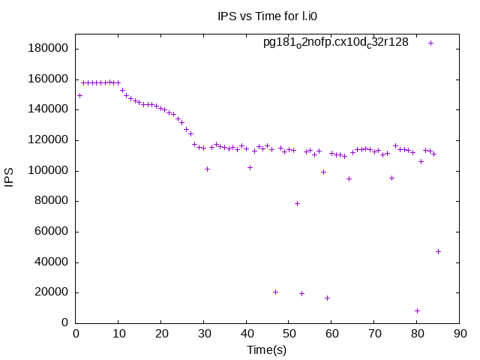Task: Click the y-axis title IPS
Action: tap(10, 178)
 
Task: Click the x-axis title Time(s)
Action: tap(268, 349)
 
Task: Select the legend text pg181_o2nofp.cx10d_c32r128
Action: tap(335, 43)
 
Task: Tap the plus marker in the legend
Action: tap(430, 43)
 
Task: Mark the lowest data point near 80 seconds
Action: tap(417, 310)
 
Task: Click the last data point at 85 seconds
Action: tap(438, 251)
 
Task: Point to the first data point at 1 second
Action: tap(79, 95)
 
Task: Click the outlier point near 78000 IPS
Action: tap(297, 203)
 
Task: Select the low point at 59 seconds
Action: tap(327, 298)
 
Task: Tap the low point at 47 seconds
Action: tap(275, 292)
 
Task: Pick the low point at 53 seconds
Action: tap(301, 293)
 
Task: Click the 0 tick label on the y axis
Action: tap(66, 323)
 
